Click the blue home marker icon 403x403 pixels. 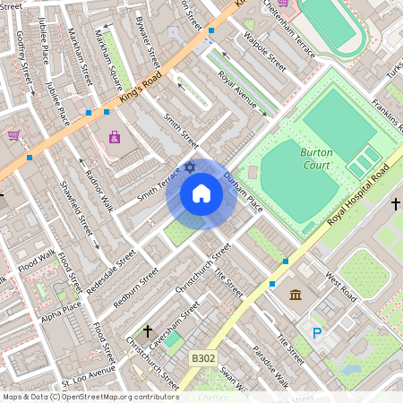pos(201,194)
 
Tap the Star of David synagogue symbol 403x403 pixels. pos(189,167)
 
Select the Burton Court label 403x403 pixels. pos(317,158)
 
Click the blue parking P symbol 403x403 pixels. pos(316,332)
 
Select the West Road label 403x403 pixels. pos(341,286)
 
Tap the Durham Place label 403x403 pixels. pos(243,191)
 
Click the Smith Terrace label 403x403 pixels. pos(158,184)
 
